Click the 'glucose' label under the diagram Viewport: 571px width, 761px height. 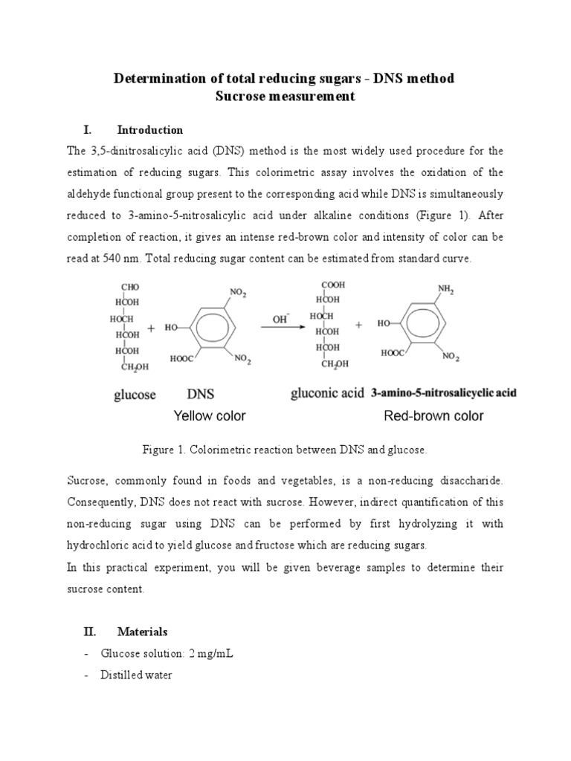tap(135, 395)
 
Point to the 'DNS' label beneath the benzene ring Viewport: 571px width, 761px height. tap(200, 395)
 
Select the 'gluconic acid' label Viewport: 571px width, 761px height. tap(326, 395)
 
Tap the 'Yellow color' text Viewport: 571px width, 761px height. tap(210, 416)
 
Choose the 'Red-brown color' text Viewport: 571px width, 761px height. tap(433, 416)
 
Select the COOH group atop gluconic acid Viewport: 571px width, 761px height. tap(332, 284)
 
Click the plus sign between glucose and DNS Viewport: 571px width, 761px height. tap(152, 327)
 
